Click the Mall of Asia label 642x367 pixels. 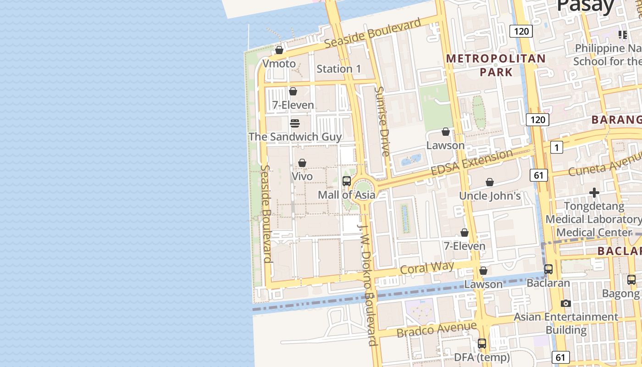(x=346, y=195)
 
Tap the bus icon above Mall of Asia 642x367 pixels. (x=347, y=181)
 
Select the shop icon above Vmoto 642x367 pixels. (x=279, y=50)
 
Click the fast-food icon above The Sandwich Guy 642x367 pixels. (x=295, y=123)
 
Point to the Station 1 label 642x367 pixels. (x=338, y=69)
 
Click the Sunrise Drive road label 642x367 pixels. (x=382, y=121)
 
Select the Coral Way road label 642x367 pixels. (x=426, y=267)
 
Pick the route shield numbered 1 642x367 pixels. (x=556, y=147)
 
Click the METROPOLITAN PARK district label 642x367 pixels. (x=496, y=65)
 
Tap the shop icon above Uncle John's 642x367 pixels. (x=490, y=182)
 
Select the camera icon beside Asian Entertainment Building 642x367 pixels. (x=566, y=303)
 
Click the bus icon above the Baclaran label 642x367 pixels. (x=548, y=269)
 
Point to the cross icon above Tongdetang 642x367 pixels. (x=594, y=193)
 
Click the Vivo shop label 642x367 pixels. (x=302, y=176)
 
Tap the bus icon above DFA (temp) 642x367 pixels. (x=481, y=343)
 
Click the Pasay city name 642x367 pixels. (x=585, y=6)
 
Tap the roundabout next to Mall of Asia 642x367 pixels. (x=363, y=188)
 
